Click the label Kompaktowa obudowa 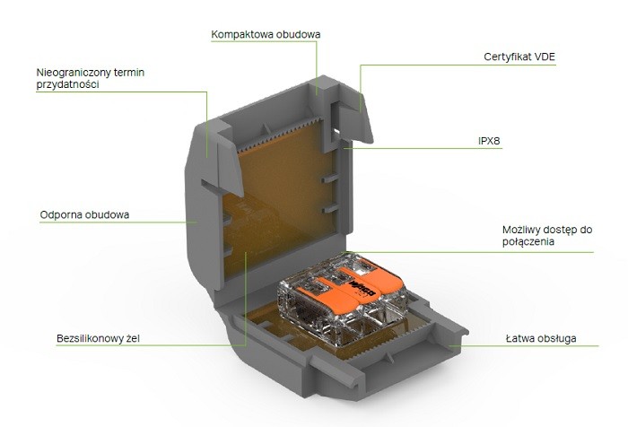click(x=265, y=34)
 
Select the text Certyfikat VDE click(x=519, y=57)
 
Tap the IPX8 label click(x=489, y=142)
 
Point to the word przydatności click(x=66, y=83)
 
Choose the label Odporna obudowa click(x=84, y=215)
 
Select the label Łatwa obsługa click(x=538, y=339)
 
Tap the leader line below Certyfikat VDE click(x=449, y=64)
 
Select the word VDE click(x=544, y=57)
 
